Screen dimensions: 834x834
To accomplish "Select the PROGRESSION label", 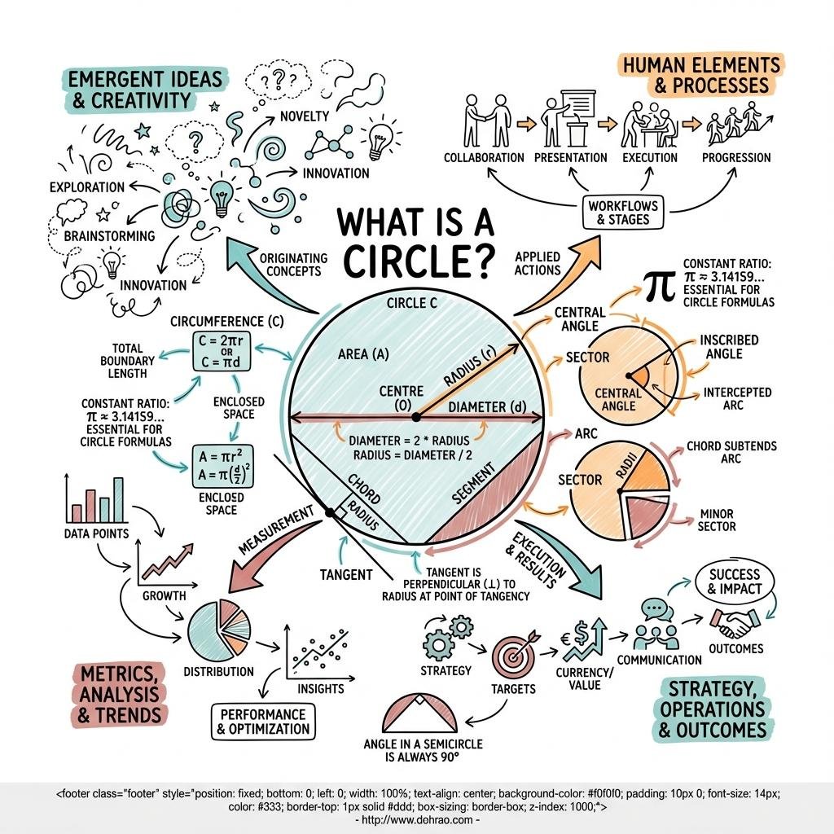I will click(x=735, y=157).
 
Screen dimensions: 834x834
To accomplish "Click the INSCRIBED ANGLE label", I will click(x=728, y=346).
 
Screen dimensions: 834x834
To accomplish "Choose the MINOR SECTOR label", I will click(x=716, y=520).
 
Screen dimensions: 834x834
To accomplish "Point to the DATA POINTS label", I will click(x=95, y=533).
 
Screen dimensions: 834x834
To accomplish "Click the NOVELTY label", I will click(x=304, y=116).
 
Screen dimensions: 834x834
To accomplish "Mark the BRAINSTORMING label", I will click(x=110, y=235).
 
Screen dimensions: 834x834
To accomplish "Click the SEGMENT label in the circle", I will click(x=473, y=487).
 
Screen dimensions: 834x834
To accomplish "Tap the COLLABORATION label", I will click(x=484, y=157).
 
